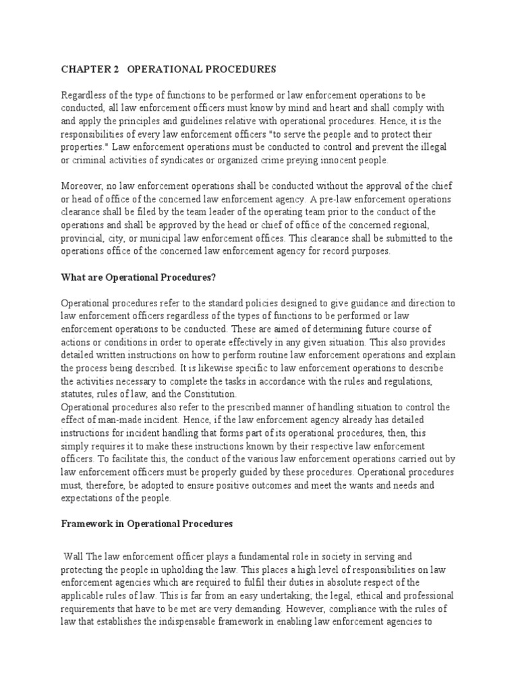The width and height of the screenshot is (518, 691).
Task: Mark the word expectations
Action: click(90, 497)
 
